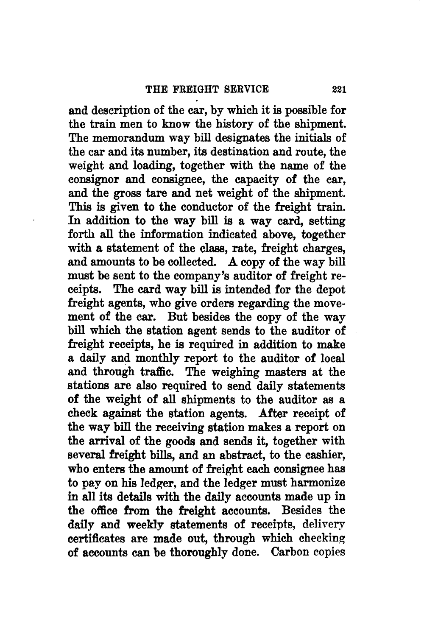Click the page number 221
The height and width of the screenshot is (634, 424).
[x=340, y=89]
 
